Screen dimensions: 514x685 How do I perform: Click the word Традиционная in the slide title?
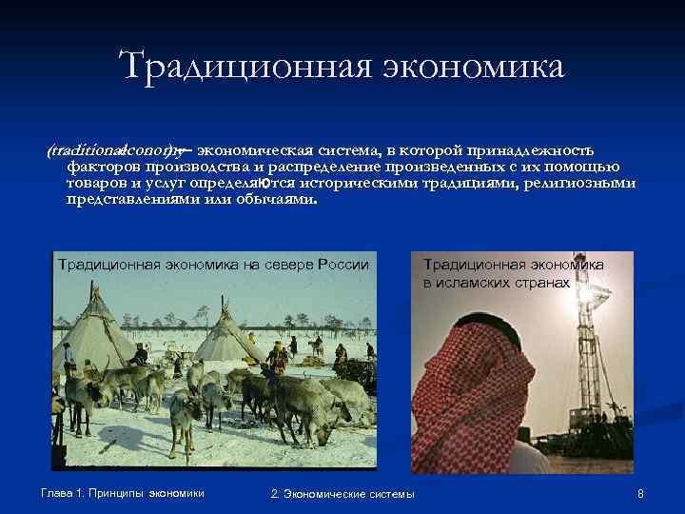(242, 66)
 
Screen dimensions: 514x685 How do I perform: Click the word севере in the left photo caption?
(284, 264)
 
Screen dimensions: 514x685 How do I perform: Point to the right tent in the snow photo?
(226, 333)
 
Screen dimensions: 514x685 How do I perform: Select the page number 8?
(641, 493)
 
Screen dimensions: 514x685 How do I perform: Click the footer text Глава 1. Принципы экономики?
(123, 492)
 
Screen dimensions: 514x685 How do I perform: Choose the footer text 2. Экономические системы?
(342, 493)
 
